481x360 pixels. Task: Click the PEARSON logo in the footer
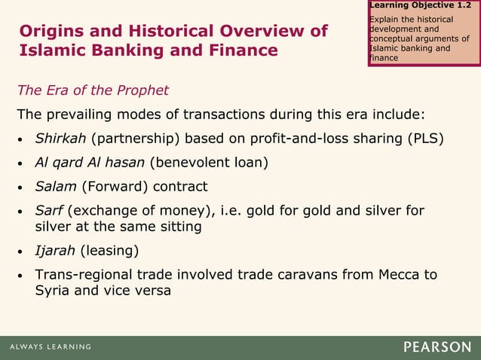click(437, 347)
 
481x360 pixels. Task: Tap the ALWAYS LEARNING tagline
click(51, 347)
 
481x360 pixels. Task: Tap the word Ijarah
click(54, 250)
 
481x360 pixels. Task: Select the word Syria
click(53, 290)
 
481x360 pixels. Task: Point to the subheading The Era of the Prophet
click(93, 91)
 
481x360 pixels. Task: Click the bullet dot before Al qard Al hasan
click(22, 163)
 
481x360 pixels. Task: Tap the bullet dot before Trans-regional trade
click(22, 275)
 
